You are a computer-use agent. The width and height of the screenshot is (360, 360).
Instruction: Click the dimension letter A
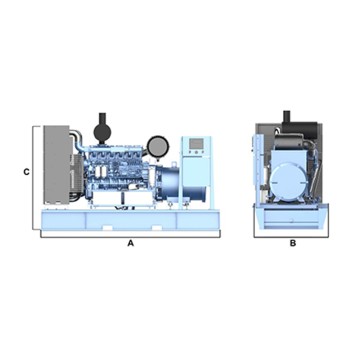pos(129,243)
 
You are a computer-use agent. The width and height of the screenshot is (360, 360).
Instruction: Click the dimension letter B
pos(292,243)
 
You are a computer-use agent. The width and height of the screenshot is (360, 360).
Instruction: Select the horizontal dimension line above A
pos(129,236)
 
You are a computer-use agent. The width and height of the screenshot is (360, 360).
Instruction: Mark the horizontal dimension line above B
pos(292,236)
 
